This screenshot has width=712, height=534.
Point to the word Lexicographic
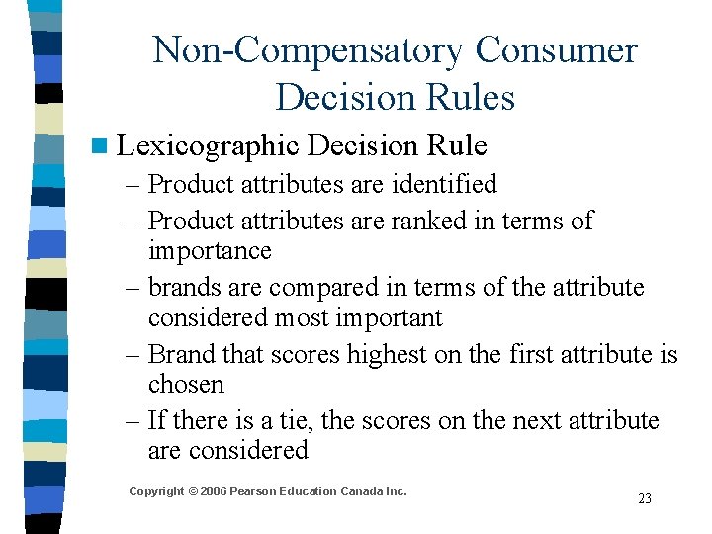coord(207,146)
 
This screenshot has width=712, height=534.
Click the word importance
coord(210,250)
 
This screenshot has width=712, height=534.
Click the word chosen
coord(186,384)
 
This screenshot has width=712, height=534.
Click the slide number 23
coord(645,498)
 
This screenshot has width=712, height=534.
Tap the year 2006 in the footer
coord(213,491)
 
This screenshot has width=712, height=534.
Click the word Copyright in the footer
coord(156,491)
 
